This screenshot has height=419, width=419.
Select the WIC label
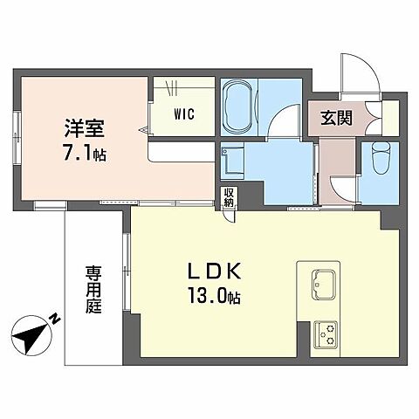pos(184,113)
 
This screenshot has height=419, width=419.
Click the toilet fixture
pos(380,158)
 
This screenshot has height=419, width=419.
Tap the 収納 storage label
pos(229,198)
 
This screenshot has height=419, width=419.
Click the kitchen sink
pos(324,284)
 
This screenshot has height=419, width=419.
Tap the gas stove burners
pos(328,333)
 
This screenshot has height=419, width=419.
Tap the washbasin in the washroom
pos(232,161)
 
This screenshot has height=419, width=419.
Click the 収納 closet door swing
pos(229,216)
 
